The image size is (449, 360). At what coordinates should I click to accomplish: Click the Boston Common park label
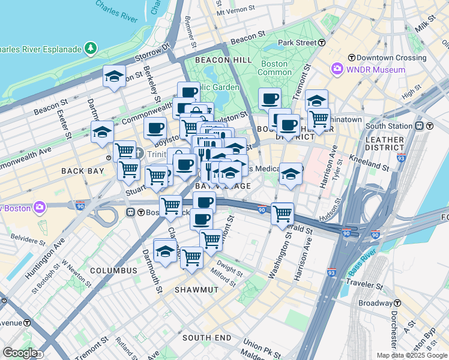click(x=274, y=68)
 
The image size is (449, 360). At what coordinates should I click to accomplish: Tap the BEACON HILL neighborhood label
click(x=223, y=60)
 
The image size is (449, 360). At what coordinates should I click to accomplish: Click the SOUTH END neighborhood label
click(x=207, y=338)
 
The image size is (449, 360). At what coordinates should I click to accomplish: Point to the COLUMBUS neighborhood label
click(x=113, y=271)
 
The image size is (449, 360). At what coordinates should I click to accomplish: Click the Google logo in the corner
click(x=20, y=352)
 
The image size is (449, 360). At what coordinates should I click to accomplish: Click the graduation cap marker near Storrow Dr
click(x=114, y=77)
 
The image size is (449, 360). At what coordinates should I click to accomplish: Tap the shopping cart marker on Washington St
click(x=282, y=213)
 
